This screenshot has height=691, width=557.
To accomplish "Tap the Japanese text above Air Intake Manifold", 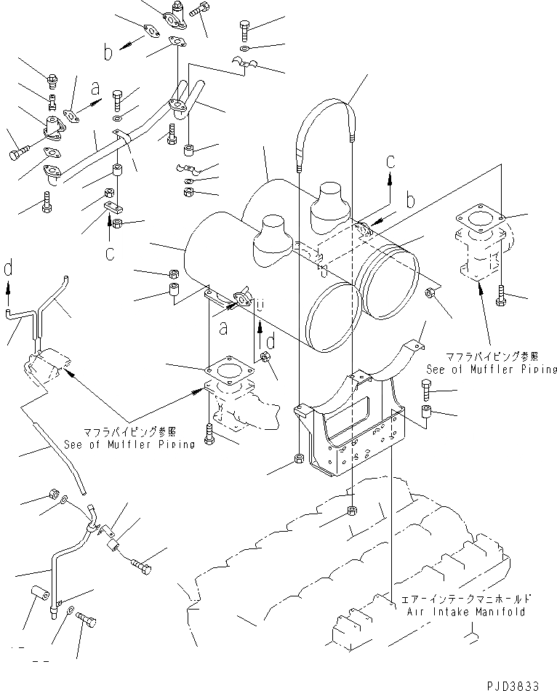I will pos(465,600).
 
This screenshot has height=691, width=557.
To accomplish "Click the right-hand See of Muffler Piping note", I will pos(492,369).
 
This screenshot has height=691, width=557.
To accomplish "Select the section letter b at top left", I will pos(108,52).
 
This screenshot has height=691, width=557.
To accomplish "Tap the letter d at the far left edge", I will pos(8,271).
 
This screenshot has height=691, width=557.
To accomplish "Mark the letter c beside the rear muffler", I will pos(390,162).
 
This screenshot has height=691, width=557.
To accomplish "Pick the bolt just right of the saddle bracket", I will pos(428,391).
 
